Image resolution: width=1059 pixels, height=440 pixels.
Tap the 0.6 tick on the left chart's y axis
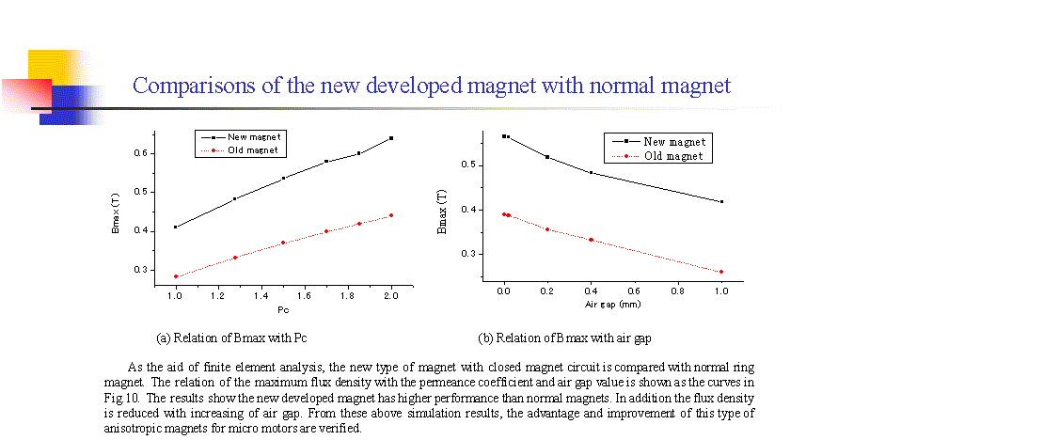pos(141,153)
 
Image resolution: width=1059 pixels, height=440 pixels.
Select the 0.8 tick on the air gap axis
pos(678,291)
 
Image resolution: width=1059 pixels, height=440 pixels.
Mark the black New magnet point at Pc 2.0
pos(390,138)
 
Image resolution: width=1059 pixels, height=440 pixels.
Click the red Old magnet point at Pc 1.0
pos(175,276)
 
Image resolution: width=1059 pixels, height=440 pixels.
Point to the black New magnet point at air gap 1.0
pos(721,201)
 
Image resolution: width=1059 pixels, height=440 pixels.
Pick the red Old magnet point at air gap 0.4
pos(591,240)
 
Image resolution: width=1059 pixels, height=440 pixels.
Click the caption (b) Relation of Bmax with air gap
pos(564,337)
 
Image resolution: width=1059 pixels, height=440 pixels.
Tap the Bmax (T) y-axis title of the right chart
pos(443,212)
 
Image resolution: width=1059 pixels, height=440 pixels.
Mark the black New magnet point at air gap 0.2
pos(546,157)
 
